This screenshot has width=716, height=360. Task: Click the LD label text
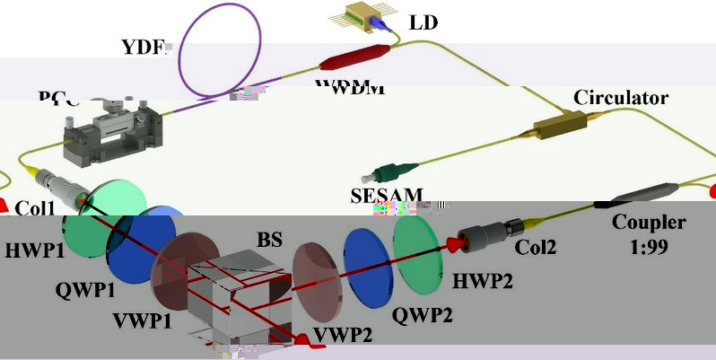click(x=423, y=22)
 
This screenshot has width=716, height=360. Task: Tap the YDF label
click(x=144, y=47)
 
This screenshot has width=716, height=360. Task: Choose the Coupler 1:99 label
click(x=649, y=233)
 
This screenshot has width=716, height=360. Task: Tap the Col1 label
click(x=36, y=209)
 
